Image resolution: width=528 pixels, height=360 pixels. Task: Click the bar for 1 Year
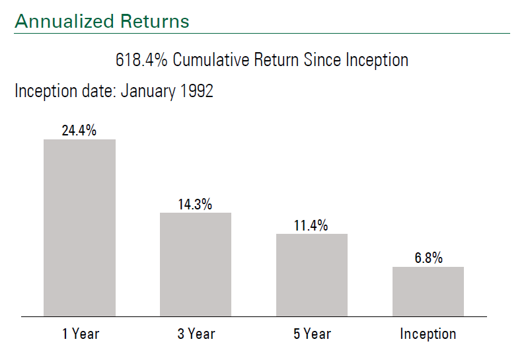coord(79,228)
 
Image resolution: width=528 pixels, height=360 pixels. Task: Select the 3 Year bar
coord(196,264)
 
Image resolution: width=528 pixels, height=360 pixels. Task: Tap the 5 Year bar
coord(312,275)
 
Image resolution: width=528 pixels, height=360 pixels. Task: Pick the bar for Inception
coord(428,291)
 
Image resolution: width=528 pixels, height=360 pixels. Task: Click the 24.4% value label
coord(79,130)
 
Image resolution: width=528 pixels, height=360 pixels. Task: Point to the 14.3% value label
coord(195,204)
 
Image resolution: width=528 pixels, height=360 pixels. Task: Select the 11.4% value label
coord(311,225)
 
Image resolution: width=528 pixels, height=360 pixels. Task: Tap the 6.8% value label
coord(428,258)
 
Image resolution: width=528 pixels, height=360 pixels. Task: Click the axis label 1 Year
coord(81,334)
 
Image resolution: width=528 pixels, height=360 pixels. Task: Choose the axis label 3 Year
coord(196,334)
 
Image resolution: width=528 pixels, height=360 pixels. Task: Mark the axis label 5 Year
coord(312,334)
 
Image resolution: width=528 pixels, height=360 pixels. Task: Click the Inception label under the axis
coord(428,334)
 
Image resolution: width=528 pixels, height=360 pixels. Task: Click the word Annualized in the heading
coord(65,21)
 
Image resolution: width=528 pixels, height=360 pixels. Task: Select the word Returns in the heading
coord(155,21)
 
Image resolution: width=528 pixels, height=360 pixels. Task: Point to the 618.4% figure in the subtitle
coord(141,60)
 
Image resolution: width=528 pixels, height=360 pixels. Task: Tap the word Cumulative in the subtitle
coord(211,60)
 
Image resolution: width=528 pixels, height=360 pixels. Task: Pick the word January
coord(148,92)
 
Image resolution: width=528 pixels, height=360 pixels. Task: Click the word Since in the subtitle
coord(322,60)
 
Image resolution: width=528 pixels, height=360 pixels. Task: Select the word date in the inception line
coord(98,91)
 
